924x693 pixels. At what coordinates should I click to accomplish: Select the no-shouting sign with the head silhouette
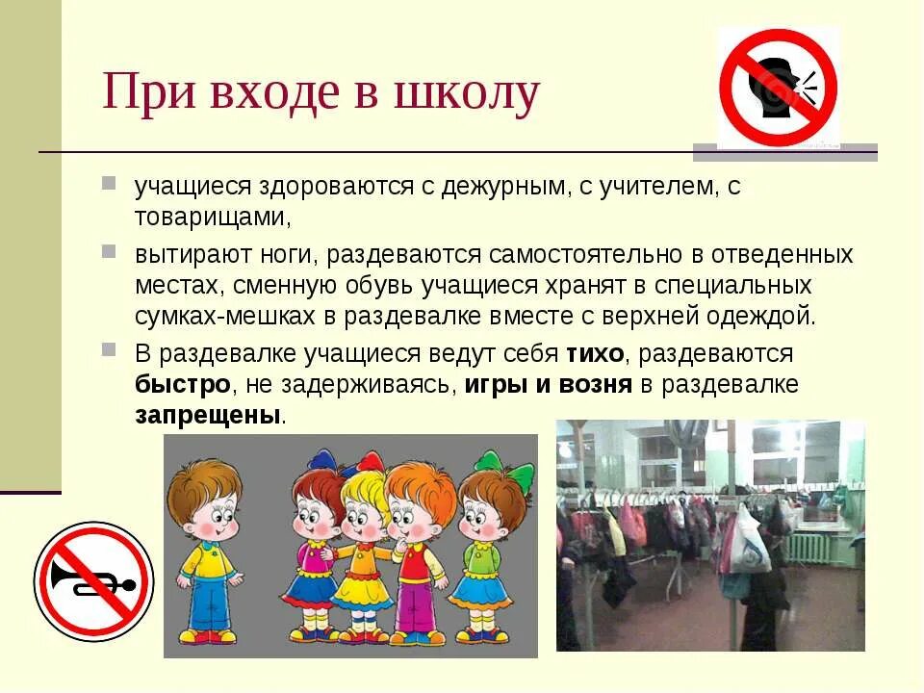click(x=779, y=87)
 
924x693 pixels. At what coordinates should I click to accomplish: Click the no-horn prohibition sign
click(x=93, y=581)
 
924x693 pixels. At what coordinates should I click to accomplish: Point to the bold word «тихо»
click(x=595, y=354)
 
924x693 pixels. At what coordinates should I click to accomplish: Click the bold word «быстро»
click(x=183, y=385)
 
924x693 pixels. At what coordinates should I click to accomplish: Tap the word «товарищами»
click(x=211, y=218)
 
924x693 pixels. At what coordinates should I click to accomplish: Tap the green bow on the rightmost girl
click(x=519, y=475)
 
